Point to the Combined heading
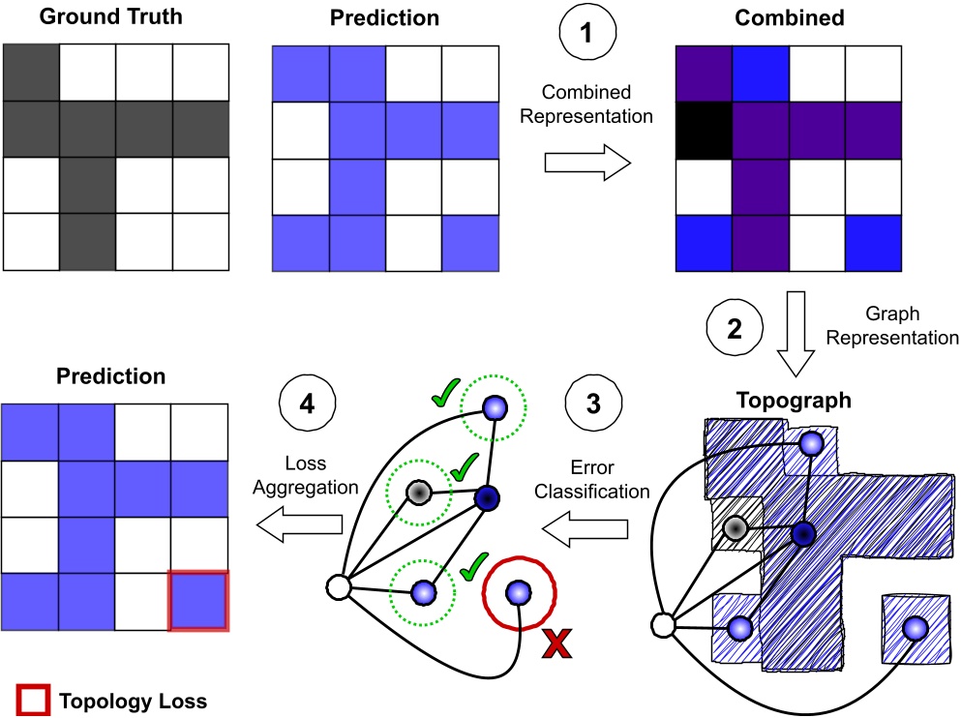click(x=790, y=18)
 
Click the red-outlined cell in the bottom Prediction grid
click(x=198, y=600)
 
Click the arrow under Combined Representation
click(x=586, y=161)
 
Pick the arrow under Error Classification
click(x=586, y=529)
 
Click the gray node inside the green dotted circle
click(x=418, y=493)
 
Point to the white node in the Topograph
click(x=663, y=626)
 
